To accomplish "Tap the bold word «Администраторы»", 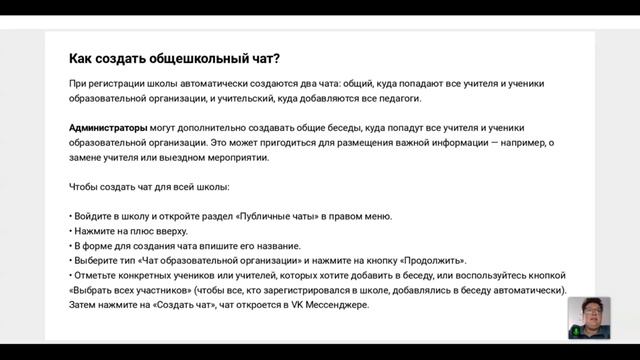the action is coord(108,128).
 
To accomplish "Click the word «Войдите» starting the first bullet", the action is coord(96,216).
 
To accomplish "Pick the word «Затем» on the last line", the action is coord(85,305).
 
